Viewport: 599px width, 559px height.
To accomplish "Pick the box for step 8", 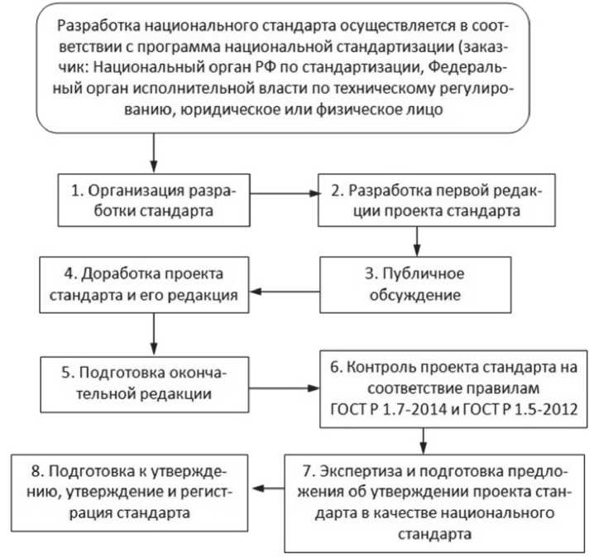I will pos(128,489).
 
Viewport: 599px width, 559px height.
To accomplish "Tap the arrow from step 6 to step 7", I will pos(424,437).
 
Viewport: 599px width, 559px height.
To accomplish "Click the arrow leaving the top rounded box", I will pos(153,152).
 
